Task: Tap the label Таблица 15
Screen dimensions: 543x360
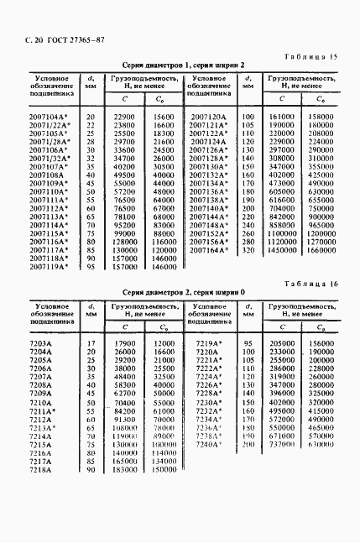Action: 310,55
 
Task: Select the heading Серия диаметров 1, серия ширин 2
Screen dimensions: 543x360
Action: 185,65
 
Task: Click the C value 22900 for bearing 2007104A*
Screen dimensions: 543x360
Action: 123,117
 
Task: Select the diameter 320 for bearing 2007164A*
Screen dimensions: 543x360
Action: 248,249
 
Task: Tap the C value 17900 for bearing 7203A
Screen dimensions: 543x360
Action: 123,344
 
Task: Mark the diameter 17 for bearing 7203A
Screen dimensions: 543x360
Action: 90,344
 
